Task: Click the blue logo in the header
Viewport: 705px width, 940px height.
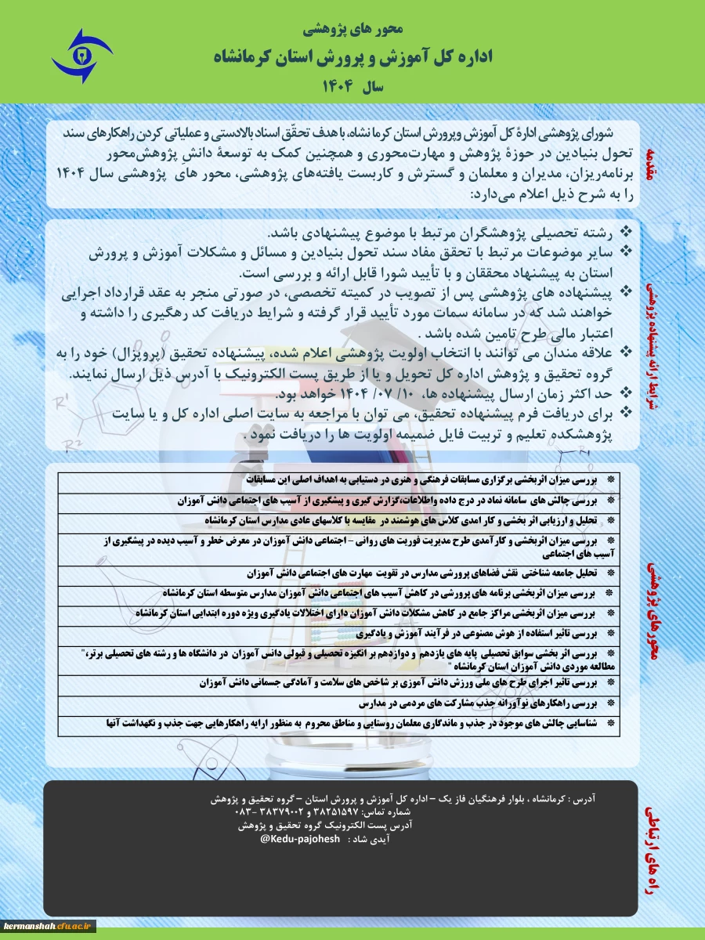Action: click(x=81, y=56)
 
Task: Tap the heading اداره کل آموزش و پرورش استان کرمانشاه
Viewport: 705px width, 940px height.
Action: click(x=352, y=57)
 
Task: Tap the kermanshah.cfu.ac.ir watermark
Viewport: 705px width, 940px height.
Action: click(x=48, y=926)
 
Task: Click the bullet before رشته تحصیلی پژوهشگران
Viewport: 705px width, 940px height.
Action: click(x=626, y=232)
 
